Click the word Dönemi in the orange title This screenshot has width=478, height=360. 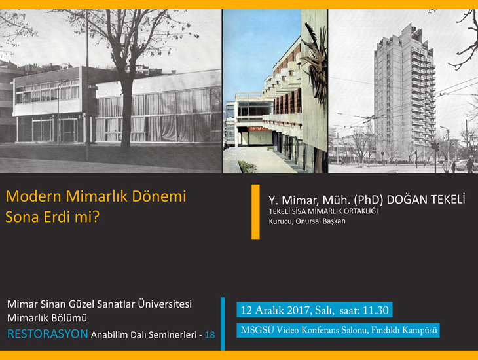[159, 196]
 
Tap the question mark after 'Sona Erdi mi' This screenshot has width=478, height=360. [96, 217]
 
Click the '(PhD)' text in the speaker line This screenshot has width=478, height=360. [369, 200]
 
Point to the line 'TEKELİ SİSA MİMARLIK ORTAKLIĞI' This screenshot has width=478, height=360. [323, 211]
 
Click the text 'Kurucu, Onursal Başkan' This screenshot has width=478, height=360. [307, 221]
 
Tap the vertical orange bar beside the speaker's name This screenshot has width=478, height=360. [255, 211]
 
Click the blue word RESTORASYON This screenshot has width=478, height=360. [48, 334]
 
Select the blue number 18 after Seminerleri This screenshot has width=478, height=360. [210, 334]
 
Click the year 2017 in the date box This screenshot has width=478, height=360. [296, 310]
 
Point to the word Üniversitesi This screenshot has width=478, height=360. [165, 304]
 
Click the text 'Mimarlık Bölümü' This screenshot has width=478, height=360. [47, 318]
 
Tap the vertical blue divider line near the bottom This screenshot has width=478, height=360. [223, 324]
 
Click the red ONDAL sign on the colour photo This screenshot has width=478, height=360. [260, 129]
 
